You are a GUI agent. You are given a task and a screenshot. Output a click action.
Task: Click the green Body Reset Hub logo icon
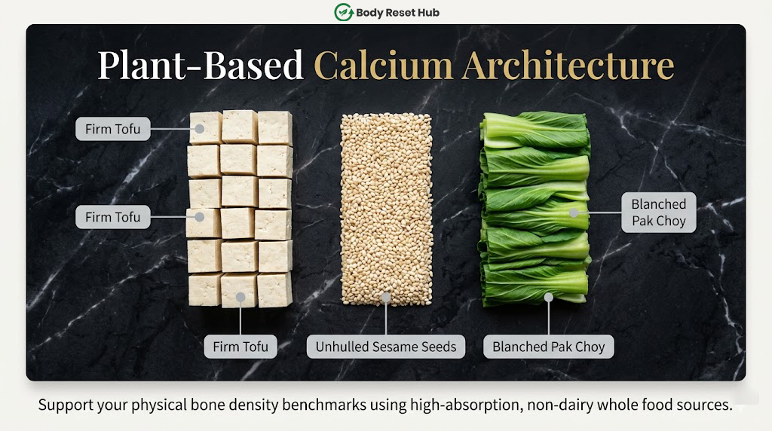tap(344, 12)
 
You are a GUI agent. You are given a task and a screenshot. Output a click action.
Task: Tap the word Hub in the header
tap(428, 13)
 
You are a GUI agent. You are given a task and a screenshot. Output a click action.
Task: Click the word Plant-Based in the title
tap(201, 65)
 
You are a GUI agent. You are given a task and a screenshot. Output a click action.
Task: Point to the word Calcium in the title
tap(383, 65)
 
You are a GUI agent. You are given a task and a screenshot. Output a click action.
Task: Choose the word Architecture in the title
tap(568, 65)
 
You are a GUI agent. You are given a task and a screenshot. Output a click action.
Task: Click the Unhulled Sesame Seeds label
tap(386, 347)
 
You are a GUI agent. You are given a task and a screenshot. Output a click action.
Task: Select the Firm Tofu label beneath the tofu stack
tap(240, 347)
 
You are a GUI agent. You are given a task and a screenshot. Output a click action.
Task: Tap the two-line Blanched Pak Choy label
tap(659, 212)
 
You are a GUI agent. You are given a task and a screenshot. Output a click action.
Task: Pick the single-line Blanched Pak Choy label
tap(549, 347)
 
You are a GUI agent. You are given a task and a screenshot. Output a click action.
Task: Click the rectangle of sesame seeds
tap(387, 209)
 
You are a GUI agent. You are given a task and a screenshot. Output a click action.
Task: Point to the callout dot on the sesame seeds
tap(386, 297)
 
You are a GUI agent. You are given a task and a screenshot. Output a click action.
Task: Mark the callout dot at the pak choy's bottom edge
tap(549, 297)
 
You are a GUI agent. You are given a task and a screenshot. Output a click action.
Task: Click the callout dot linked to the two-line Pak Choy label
tap(574, 212)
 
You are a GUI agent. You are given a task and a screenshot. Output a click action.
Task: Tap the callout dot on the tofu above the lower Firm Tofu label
tap(240, 297)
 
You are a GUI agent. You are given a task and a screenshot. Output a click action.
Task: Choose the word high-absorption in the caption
tap(465, 405)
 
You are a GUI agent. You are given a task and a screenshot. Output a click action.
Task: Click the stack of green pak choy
tap(535, 209)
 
